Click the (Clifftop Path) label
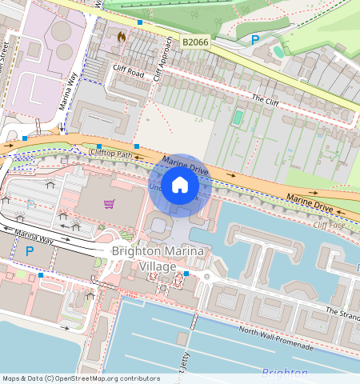[x=109, y=152]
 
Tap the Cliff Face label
[x=329, y=226]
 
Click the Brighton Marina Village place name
[x=158, y=258]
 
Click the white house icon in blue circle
[x=180, y=186]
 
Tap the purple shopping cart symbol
[x=109, y=204]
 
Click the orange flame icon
[x=121, y=36]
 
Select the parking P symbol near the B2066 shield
[x=255, y=39]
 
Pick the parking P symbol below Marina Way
[x=30, y=251]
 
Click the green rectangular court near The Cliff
[x=238, y=118]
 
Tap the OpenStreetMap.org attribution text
[x=81, y=378]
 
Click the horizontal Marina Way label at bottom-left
[x=36, y=236]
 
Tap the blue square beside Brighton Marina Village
[x=186, y=274]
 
